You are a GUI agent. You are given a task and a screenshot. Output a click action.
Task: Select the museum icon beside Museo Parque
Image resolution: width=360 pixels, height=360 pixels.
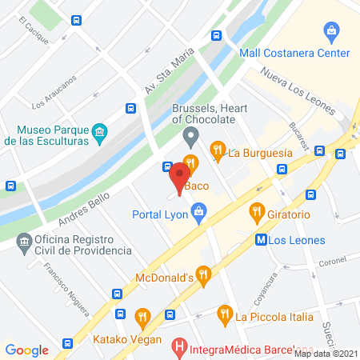click(x=100, y=132)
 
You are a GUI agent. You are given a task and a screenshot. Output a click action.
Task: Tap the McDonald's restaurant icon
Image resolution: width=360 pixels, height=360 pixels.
click(x=203, y=277)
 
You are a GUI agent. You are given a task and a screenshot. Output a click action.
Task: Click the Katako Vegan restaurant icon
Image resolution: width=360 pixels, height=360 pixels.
click(x=142, y=317)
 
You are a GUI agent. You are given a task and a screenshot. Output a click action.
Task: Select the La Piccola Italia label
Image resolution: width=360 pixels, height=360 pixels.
click(x=274, y=316)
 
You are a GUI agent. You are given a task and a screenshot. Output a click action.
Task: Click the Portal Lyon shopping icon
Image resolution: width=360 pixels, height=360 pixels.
click(x=199, y=212)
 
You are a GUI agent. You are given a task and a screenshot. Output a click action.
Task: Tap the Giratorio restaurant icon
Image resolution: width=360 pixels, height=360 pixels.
click(x=256, y=213)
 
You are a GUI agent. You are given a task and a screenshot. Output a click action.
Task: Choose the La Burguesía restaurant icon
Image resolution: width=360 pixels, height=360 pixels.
click(x=217, y=150)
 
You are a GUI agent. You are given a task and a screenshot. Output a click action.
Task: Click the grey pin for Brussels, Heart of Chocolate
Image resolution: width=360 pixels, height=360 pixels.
click(x=190, y=136)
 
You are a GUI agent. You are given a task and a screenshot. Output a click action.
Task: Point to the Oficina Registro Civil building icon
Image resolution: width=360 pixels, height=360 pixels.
click(x=24, y=241)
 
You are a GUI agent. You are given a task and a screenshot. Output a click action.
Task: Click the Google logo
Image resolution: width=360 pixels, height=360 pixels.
click(x=27, y=350)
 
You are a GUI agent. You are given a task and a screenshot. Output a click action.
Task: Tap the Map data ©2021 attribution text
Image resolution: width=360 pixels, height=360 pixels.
click(x=325, y=353)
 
